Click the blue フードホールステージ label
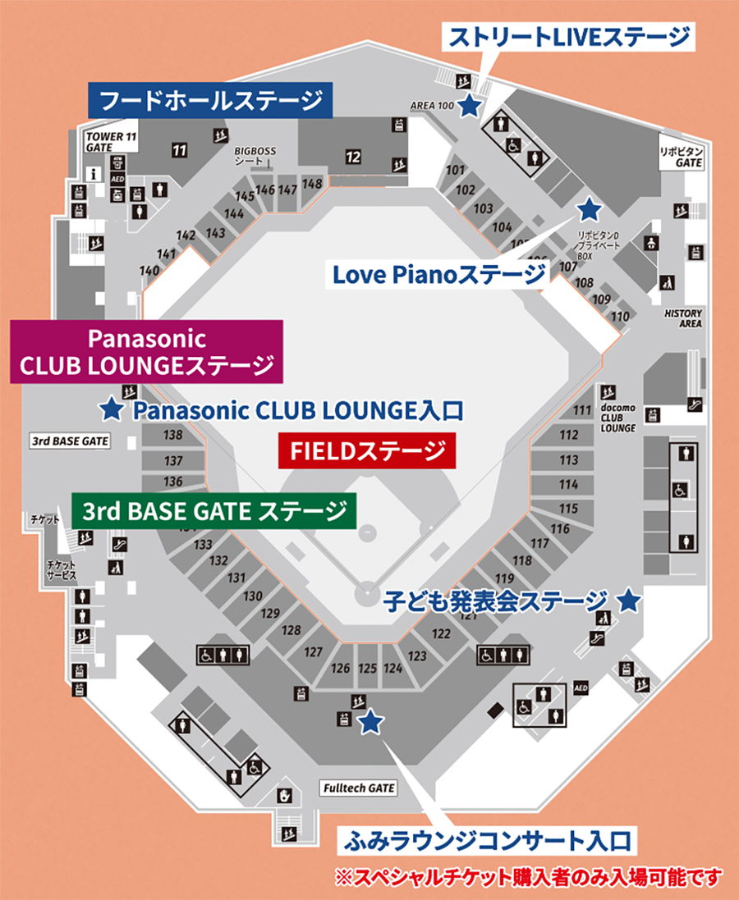pos(209,102)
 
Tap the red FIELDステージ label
pos(366,450)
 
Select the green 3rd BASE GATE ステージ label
pos(213,512)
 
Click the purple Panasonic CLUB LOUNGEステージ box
pos(146,351)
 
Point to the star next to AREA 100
pos(469,105)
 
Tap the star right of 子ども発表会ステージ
pos(628,601)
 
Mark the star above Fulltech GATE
pos(371,721)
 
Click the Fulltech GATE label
pos(359,788)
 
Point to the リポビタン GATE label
pos(682,158)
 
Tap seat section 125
pos(367,669)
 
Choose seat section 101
pos(455,171)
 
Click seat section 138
pos(173,435)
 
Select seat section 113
pos(568,460)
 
